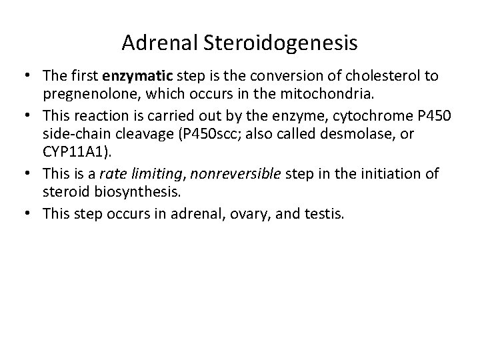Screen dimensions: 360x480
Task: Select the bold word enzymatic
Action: tap(134, 76)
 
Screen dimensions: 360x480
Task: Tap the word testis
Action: tap(325, 213)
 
